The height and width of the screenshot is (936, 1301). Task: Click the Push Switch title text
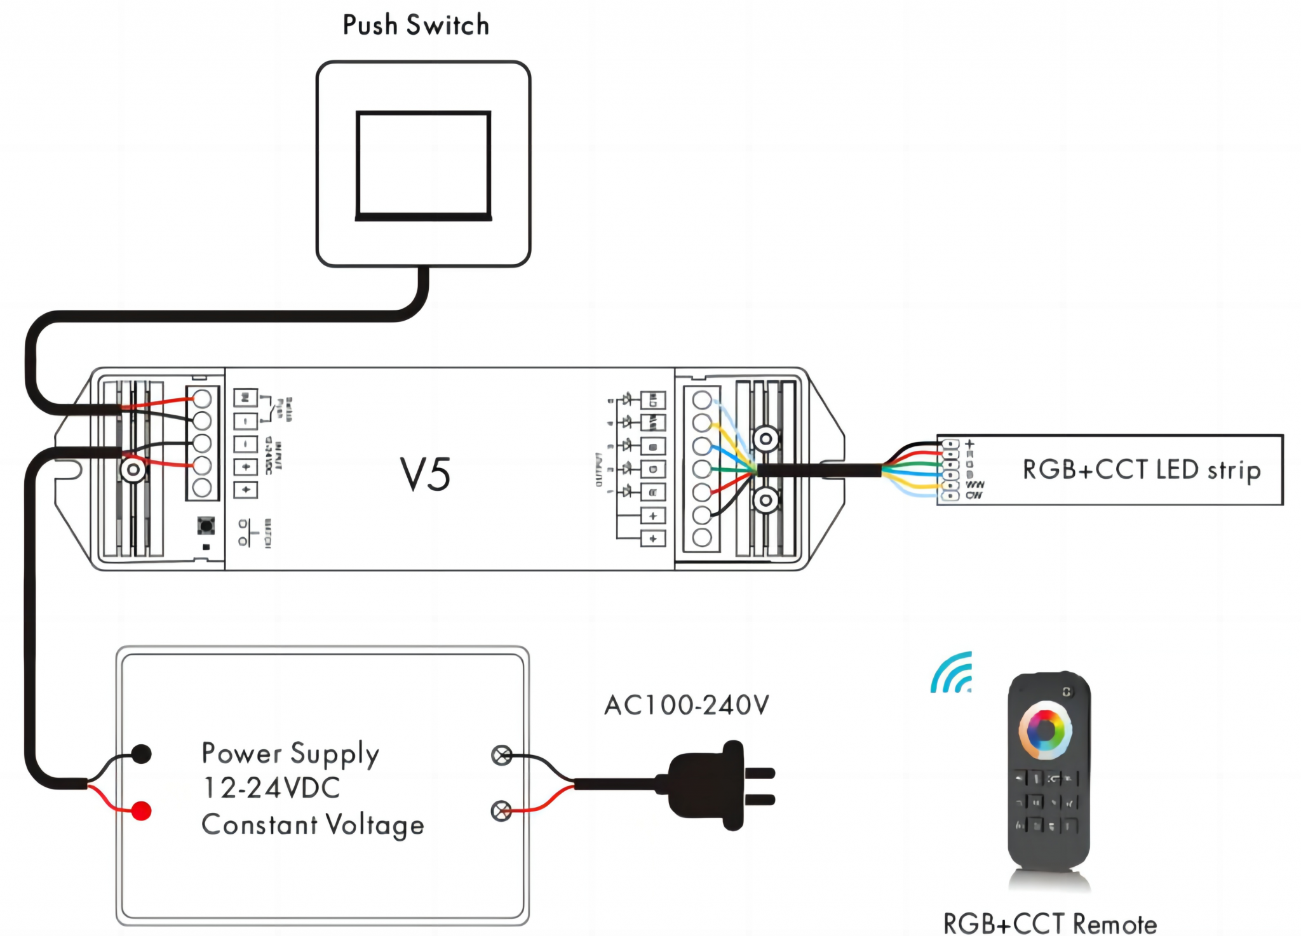[416, 25]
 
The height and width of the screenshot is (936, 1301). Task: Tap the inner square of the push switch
[423, 166]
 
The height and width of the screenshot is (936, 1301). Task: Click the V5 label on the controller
[425, 474]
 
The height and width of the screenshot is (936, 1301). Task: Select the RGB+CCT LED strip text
[1141, 471]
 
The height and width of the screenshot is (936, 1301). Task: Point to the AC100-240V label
[686, 705]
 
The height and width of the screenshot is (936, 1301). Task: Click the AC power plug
[718, 785]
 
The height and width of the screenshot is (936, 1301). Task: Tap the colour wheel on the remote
[1045, 730]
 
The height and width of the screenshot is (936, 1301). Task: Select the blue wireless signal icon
[952, 673]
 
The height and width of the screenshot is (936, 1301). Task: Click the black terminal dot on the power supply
[141, 754]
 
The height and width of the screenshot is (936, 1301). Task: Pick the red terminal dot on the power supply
[141, 811]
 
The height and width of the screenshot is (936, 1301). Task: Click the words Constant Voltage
[313, 825]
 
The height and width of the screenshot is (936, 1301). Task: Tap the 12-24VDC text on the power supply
[271, 788]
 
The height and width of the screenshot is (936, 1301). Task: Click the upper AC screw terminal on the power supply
[502, 755]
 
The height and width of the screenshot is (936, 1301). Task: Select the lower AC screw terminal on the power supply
[502, 811]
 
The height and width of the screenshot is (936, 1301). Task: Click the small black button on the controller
[206, 525]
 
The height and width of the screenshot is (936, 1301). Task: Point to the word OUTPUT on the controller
[598, 470]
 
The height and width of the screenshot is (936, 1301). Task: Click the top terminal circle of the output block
[702, 400]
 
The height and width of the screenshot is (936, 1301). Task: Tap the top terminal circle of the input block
[202, 399]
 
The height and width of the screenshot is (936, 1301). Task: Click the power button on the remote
[1067, 692]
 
